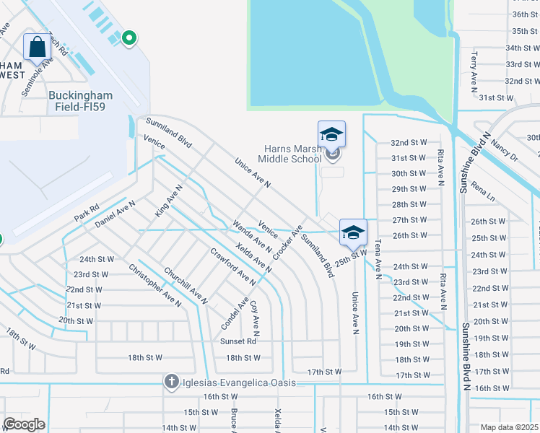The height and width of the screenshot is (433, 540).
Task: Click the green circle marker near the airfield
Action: pyautogui.click(x=129, y=38)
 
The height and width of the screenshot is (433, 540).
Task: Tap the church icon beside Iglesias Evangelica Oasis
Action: pyautogui.click(x=171, y=382)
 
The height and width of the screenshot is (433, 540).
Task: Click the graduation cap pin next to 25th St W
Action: pyautogui.click(x=353, y=232)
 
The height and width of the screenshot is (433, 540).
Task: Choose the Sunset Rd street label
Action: pyautogui.click(x=239, y=341)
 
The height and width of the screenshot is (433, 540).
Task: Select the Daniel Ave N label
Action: pyautogui.click(x=115, y=214)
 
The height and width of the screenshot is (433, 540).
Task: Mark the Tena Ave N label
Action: pyautogui.click(x=378, y=256)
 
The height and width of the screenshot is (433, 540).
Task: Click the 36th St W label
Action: pyautogui.click(x=526, y=14)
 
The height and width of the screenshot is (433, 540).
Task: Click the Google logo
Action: pyautogui.click(x=24, y=424)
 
